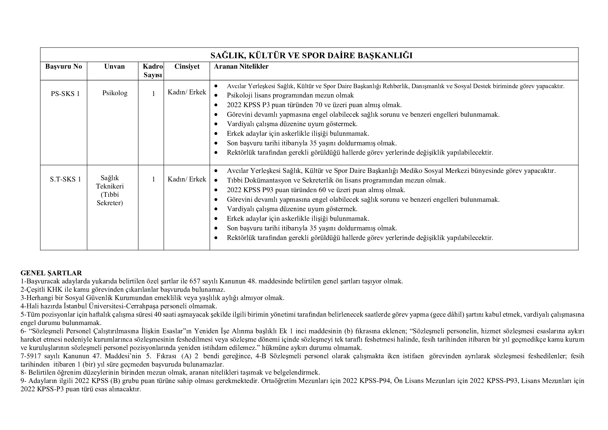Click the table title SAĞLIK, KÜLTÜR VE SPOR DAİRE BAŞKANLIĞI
(x=311, y=55)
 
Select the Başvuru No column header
(x=63, y=67)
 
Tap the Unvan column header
(x=114, y=67)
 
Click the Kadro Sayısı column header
(x=153, y=71)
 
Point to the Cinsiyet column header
(x=187, y=67)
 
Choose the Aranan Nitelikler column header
(x=241, y=67)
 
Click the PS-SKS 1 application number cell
(x=65, y=94)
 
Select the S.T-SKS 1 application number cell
(x=65, y=179)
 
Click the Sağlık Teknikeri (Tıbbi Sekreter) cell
(x=110, y=190)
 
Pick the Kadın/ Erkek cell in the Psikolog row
(x=187, y=92)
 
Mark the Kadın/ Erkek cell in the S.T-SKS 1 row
(x=187, y=179)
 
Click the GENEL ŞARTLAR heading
(x=51, y=273)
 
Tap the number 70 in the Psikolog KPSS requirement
(x=319, y=105)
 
